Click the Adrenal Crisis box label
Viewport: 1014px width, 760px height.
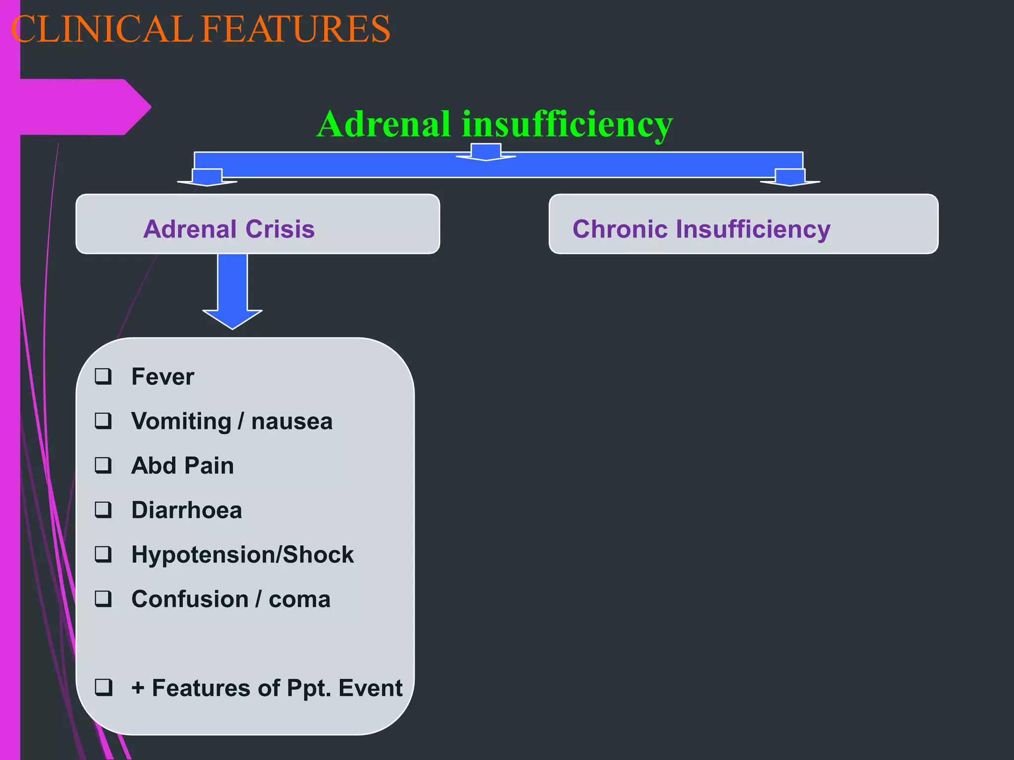click(229, 229)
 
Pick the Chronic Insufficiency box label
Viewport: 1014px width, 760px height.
click(701, 229)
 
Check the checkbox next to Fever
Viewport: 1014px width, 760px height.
click(103, 377)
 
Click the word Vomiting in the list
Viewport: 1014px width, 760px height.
click(181, 422)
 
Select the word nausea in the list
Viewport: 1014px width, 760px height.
click(292, 422)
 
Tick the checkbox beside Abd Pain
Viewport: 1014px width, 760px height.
click(103, 466)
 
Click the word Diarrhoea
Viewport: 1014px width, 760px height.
click(187, 510)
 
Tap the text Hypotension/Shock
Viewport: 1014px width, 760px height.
click(243, 555)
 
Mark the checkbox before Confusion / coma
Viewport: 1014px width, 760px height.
click(103, 599)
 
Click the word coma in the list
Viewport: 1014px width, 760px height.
click(299, 599)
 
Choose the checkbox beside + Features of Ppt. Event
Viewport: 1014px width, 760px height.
click(103, 687)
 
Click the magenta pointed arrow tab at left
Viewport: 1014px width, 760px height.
click(84, 107)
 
